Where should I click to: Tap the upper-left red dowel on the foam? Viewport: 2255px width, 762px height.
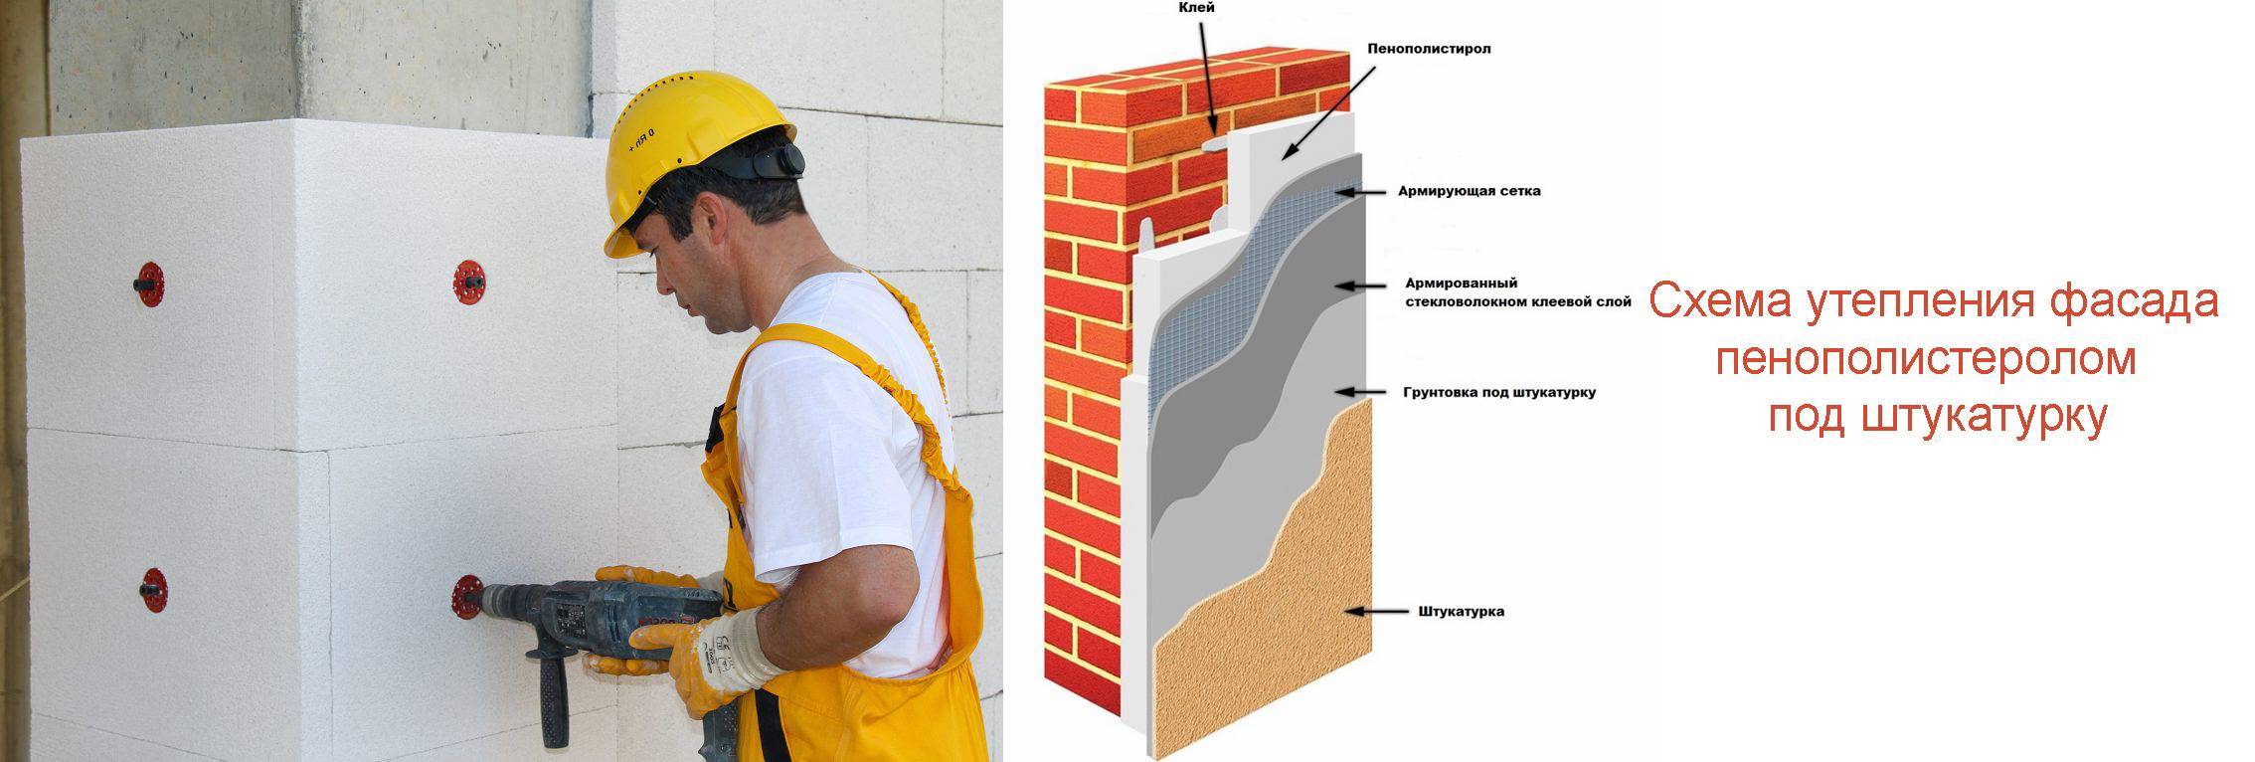click(x=149, y=285)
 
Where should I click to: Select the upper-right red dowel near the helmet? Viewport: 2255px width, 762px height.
click(x=468, y=283)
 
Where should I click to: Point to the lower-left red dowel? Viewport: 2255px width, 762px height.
click(x=152, y=591)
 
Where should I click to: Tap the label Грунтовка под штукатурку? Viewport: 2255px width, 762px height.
click(x=1499, y=392)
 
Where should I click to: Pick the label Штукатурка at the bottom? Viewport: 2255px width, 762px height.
click(x=1461, y=611)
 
